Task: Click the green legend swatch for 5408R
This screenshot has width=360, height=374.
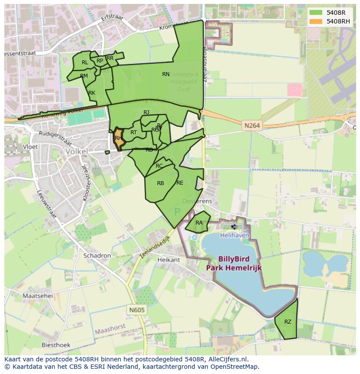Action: coord(316,12)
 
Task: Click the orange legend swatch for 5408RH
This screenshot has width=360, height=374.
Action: coord(316,21)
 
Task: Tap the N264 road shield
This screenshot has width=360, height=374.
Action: coord(252,126)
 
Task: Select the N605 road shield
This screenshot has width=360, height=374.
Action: coord(137,310)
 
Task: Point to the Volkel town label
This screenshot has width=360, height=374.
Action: coord(76,152)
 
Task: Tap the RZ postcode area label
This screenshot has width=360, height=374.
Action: coord(288,322)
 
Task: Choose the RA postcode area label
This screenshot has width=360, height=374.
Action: coord(199,223)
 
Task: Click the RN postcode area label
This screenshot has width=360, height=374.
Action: coord(166,74)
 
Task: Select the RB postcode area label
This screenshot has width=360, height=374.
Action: coord(160,183)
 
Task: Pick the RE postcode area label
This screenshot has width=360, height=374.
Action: coord(180,183)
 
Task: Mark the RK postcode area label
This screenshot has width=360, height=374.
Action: coord(92,93)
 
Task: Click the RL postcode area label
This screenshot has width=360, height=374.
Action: coord(85,63)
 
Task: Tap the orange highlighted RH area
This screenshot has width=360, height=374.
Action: coord(118,139)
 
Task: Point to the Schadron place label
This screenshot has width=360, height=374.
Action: coord(97,256)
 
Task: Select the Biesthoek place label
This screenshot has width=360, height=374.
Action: coord(56,345)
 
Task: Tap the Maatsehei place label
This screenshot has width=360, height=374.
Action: coord(37,296)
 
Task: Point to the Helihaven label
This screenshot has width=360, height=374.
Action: coord(235,235)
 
